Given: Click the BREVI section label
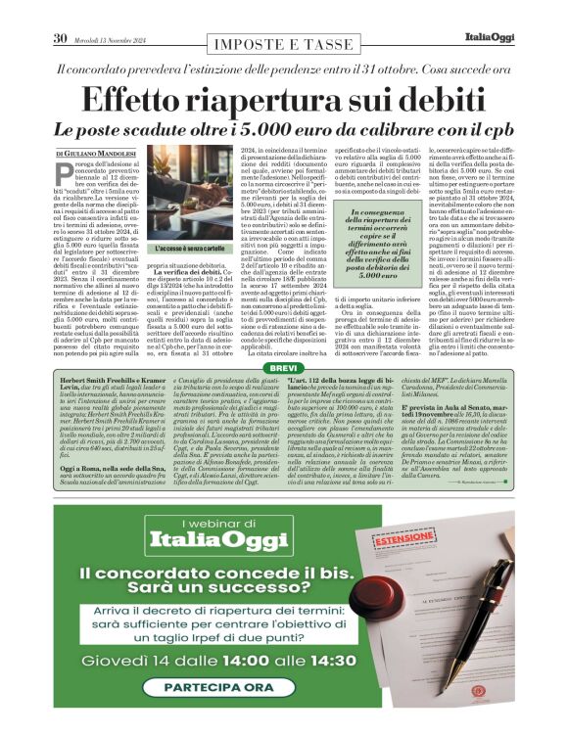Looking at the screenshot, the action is pyautogui.click(x=284, y=341).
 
